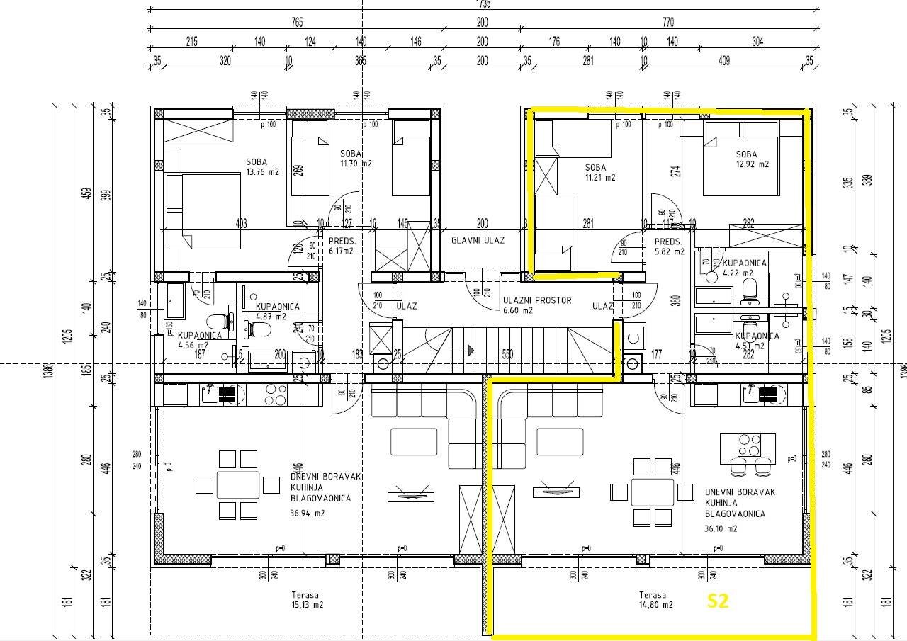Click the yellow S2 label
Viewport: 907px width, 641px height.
click(718, 601)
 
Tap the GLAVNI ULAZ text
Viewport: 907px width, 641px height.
click(478, 240)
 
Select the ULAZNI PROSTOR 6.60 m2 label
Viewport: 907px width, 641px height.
click(536, 305)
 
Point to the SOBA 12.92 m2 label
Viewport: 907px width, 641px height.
click(752, 159)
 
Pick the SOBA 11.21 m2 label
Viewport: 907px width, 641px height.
click(599, 172)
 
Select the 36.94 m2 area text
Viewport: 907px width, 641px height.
click(307, 514)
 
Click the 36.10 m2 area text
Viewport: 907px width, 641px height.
click(721, 528)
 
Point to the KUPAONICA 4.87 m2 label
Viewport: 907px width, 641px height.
click(277, 312)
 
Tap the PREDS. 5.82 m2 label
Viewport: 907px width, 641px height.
click(669, 246)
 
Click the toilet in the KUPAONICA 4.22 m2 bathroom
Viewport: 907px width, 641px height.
click(749, 288)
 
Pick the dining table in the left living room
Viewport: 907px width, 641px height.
click(238, 485)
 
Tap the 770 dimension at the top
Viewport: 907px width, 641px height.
click(667, 23)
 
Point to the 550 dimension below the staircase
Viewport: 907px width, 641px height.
click(507, 354)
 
